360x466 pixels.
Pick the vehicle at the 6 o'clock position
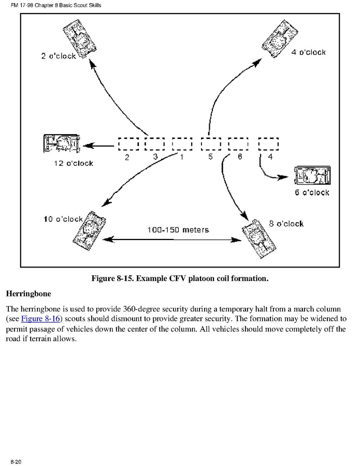[x=311, y=176]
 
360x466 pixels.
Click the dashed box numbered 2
[x=128, y=144]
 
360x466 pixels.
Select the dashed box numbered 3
[x=154, y=144]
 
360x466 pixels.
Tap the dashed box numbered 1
[x=182, y=144]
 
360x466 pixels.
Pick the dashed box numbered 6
[x=238, y=144]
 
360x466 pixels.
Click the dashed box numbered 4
[x=268, y=144]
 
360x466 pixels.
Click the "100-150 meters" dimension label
[x=178, y=230]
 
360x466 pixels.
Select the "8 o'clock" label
[x=286, y=224]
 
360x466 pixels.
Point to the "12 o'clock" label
[x=73, y=163]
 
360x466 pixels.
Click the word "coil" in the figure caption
[x=209, y=278]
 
